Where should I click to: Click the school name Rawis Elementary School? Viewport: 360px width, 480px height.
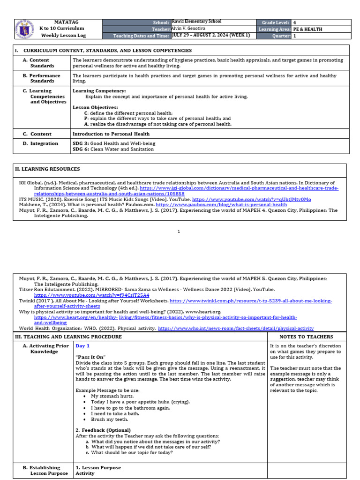click(196, 22)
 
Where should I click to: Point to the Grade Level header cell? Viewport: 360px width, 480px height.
click(273, 22)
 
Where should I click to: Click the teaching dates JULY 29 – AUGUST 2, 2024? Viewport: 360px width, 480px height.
click(211, 35)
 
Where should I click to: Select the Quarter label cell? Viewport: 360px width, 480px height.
click(273, 36)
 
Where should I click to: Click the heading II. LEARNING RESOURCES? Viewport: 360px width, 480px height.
click(47, 169)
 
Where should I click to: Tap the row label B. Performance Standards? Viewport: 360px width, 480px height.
click(45, 78)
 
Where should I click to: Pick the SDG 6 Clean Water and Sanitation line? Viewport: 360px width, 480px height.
click(113, 149)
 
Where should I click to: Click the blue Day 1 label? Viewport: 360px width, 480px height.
click(82, 346)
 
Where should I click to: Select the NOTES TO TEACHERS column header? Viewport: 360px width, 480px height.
click(306, 337)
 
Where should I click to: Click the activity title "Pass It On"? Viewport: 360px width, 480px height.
click(90, 357)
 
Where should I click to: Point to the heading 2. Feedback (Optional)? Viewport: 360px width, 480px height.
click(103, 430)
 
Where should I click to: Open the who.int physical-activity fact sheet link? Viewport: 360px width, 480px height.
click(236, 329)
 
